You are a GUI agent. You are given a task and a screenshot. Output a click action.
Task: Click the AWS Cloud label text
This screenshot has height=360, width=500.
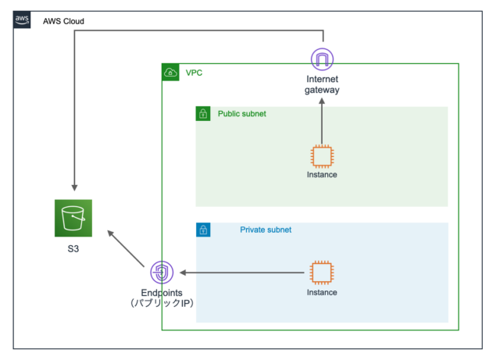point(63,21)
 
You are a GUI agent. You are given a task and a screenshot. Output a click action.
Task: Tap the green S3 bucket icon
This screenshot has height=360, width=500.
point(73,218)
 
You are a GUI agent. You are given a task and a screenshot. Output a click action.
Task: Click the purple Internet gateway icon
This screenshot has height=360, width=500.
point(322,59)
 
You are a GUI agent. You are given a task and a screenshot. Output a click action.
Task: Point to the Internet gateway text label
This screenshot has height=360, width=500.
point(322,84)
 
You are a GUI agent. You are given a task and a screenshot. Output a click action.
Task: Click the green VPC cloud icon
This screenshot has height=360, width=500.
point(170,73)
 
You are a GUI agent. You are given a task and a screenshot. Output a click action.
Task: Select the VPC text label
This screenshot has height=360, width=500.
point(194,73)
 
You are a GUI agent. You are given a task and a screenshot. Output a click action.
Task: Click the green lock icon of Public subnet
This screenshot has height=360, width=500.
point(203,114)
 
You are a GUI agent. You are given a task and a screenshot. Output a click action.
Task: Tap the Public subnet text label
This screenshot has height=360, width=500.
point(241,114)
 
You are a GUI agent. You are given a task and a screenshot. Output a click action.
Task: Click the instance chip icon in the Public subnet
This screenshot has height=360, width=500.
point(322,155)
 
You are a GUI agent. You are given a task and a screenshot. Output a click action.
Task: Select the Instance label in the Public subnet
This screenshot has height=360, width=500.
point(322,175)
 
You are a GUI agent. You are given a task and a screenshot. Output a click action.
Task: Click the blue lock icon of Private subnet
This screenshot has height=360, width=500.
point(203,230)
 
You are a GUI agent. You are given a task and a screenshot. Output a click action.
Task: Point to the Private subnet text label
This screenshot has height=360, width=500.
point(266,230)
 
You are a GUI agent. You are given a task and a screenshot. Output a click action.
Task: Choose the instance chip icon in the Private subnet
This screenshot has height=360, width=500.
point(322,273)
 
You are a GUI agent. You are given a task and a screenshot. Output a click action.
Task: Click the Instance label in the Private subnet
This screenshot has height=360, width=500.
point(322,293)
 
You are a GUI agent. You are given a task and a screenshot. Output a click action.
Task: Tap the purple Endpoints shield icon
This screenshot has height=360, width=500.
point(161,273)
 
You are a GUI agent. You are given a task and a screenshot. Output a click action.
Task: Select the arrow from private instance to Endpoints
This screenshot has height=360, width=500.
point(242,273)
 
